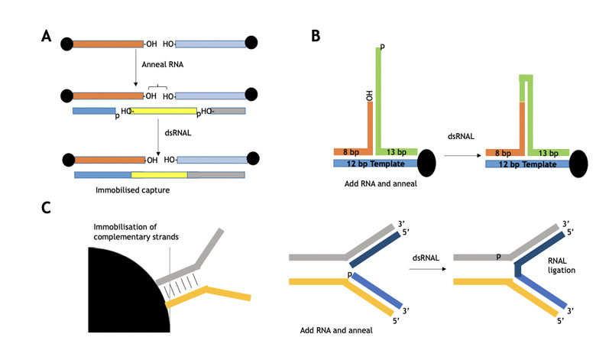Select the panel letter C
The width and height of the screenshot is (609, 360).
click(x=46, y=207)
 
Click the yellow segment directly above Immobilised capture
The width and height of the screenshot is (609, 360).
click(x=159, y=175)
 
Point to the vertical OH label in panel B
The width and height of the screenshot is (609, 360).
click(x=368, y=94)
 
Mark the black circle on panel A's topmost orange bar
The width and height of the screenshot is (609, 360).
click(x=67, y=44)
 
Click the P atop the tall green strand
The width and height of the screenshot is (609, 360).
click(x=382, y=47)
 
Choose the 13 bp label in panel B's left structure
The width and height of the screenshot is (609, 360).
click(x=397, y=152)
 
